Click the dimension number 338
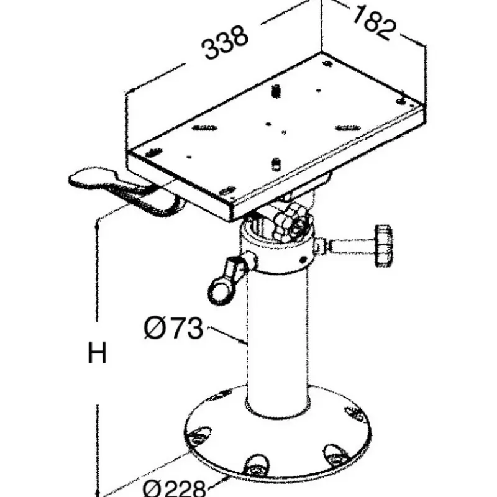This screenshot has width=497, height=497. tap(224, 43)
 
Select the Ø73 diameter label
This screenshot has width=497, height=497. tap(173, 328)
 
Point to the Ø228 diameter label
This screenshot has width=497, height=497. tap(175, 488)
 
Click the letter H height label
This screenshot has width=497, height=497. tap(97, 353)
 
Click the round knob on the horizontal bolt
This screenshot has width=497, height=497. tap(384, 246)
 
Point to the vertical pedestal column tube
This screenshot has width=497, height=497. tap(276, 342)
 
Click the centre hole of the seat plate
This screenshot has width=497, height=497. tap(268, 124)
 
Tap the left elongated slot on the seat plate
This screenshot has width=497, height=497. tap(204, 128)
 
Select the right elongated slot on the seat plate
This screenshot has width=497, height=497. tap(348, 128)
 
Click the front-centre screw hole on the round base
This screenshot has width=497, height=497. tap(255, 463)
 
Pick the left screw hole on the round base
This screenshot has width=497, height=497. tap(199, 437)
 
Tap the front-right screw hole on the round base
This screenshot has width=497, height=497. tap(336, 454)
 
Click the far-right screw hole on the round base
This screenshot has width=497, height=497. tap(355, 413)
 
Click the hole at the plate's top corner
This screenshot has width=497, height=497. tap(327, 64)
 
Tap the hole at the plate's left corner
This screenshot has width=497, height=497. tap(153, 153)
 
